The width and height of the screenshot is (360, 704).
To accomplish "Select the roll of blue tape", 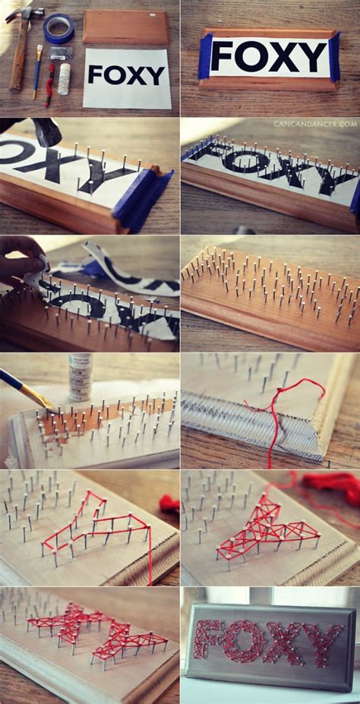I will tap(58, 28).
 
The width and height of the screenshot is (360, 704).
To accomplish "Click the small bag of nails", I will tap(61, 53).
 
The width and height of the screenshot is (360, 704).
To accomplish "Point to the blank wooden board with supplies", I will tap(125, 27).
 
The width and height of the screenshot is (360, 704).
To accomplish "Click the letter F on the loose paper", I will tap(95, 74).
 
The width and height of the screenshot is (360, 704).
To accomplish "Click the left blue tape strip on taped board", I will tap(204, 58).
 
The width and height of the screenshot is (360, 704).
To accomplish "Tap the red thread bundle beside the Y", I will tap(330, 482).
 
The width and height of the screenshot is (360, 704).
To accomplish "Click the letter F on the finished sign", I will tap(208, 640).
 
